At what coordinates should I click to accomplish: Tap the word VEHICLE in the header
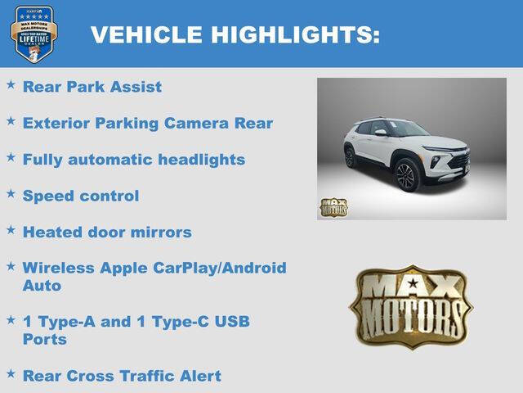point(147,34)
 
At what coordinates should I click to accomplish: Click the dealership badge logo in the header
point(34,34)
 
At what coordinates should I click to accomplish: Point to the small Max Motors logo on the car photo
point(333,207)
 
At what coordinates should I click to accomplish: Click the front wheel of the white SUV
point(406,174)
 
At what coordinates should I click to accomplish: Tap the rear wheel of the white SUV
point(350,157)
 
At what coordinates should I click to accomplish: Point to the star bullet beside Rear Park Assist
point(11,84)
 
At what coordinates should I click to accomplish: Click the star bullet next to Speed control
point(11,193)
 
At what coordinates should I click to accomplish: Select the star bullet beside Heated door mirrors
point(11,229)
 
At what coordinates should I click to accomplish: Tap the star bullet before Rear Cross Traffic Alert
point(11,373)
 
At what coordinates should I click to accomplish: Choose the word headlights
point(203,159)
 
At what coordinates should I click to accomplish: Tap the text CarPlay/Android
point(224,268)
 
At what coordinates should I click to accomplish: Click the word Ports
point(45,339)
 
